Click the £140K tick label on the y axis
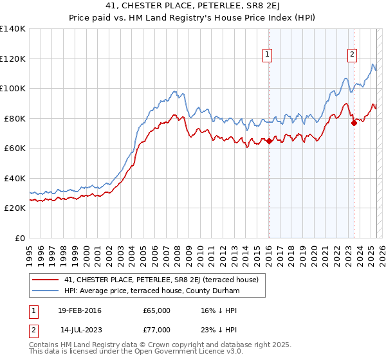[13, 29]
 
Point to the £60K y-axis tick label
[15, 148]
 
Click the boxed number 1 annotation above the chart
[267, 55]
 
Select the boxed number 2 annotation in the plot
[353, 55]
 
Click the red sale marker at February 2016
[269, 141]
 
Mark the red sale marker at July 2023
[353, 123]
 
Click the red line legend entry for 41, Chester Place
[161, 280]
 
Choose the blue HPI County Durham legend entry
[151, 291]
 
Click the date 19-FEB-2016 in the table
[80, 310]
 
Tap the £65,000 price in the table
[156, 310]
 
